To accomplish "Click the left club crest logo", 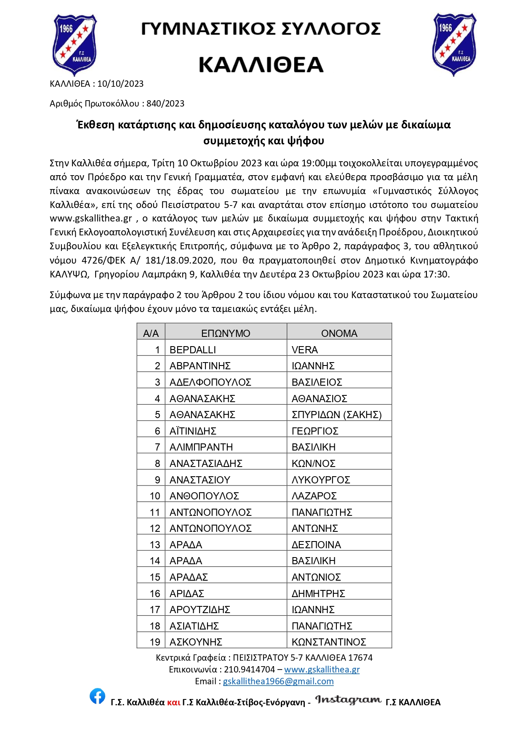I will click(74, 44).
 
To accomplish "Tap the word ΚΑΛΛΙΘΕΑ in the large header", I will click(261, 65).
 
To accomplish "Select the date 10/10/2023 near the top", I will click(120, 84).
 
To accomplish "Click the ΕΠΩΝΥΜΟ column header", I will click(226, 333).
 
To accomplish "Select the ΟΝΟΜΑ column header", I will click(339, 333).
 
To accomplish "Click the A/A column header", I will click(151, 333).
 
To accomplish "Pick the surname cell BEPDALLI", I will click(193, 350).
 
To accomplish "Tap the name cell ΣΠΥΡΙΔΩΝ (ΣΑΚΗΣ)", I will click(336, 415).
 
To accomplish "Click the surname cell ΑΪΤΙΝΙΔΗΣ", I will click(193, 431).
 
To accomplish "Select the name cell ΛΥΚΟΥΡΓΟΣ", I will click(321, 480).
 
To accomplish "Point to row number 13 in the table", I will click(155, 545).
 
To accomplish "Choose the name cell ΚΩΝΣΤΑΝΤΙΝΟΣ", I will click(329, 642).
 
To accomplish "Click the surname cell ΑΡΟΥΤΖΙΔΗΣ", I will click(200, 610).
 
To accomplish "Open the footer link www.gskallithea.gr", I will click(322, 670).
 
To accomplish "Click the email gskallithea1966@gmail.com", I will click(278, 681).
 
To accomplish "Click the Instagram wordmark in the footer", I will click(348, 700).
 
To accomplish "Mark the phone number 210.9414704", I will click(249, 670).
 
